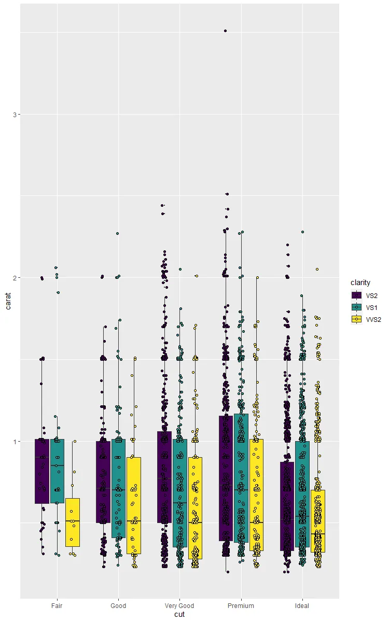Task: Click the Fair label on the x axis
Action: pos(57,605)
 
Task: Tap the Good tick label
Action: pos(118,605)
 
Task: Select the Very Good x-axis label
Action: pos(179,605)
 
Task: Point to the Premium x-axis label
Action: pos(241,605)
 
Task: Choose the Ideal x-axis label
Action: pos(302,605)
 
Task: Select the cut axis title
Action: pos(179,615)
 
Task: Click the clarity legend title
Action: pos(360,282)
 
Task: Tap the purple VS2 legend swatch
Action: pos(356,295)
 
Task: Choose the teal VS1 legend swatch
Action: pos(356,307)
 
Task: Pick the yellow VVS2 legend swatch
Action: pos(356,320)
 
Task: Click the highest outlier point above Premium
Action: pos(225,31)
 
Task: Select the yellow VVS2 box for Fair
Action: pos(73,522)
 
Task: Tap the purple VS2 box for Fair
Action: pos(42,471)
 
